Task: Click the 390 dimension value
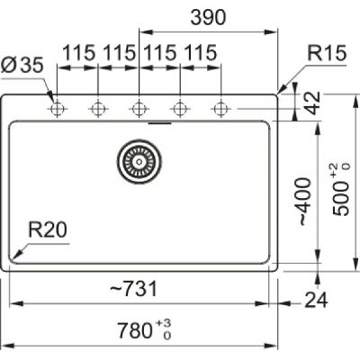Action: pos(208,17)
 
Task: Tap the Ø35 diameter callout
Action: pos(22,65)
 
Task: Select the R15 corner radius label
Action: pos(327,53)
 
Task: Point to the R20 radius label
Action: pos(48,230)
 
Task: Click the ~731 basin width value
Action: pos(133,289)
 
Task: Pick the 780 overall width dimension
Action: pos(135,330)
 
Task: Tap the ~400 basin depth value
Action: pos(303,202)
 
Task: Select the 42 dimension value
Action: pos(314,103)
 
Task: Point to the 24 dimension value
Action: pos(316,300)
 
